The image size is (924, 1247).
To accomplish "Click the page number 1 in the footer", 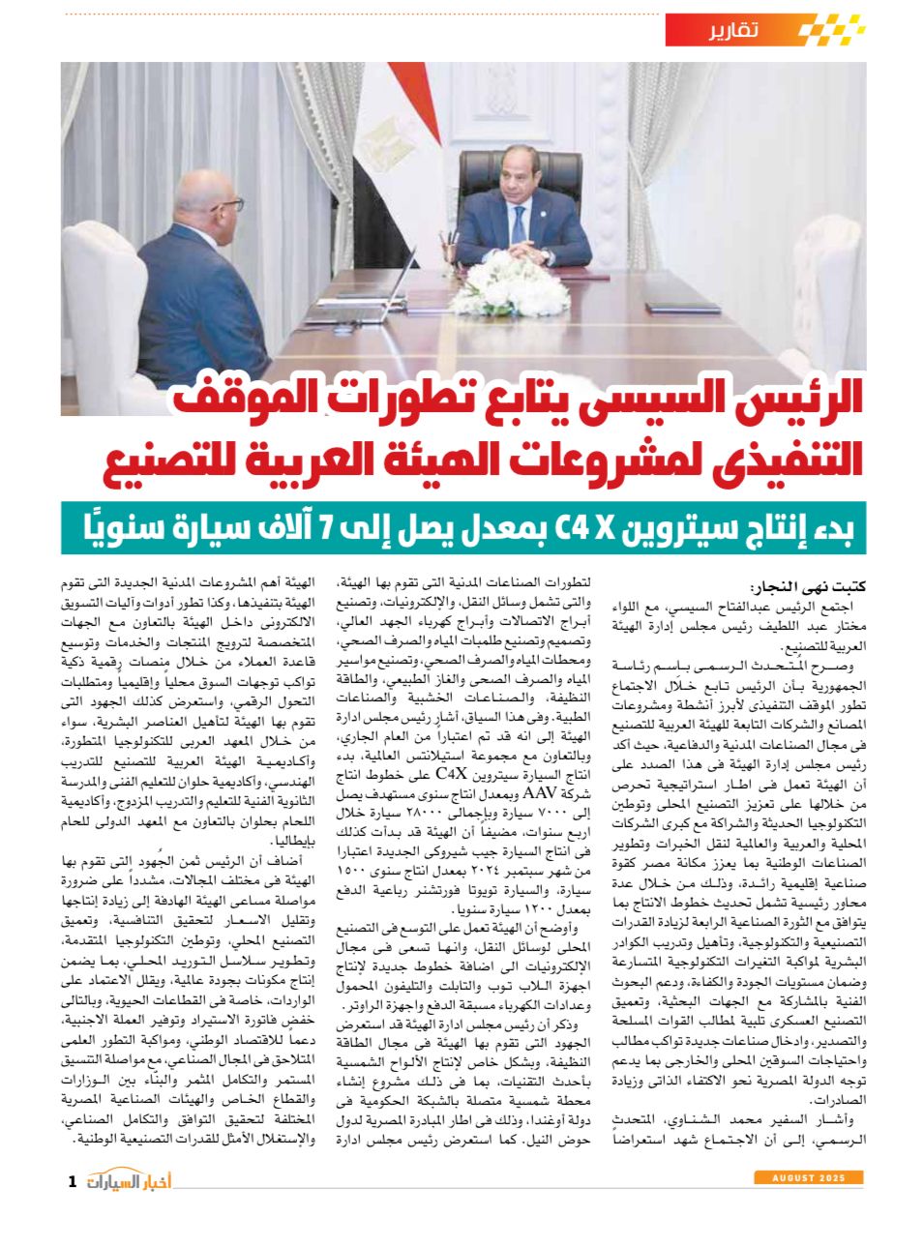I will [73, 1181].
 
